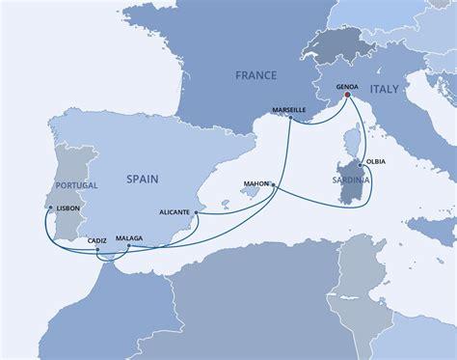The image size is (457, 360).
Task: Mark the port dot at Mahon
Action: (x=273, y=184)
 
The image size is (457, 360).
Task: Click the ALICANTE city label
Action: (x=174, y=208)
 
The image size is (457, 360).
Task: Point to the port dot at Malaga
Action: (x=126, y=247)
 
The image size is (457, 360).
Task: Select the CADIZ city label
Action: (x=95, y=238)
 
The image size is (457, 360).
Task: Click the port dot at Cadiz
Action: (x=98, y=250)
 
